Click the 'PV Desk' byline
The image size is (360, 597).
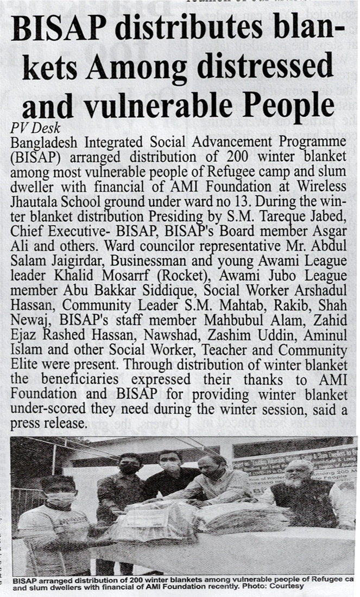tap(36, 129)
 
